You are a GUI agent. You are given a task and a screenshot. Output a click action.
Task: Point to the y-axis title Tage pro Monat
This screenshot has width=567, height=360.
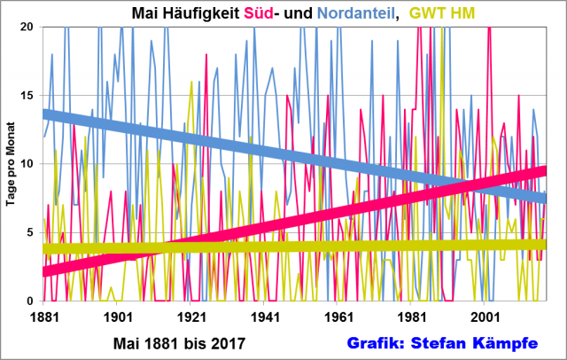[x=12, y=164]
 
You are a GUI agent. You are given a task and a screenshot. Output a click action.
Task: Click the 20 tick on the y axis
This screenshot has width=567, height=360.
[x=27, y=27]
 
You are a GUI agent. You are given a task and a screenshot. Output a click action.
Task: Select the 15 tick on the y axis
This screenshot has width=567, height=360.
[x=27, y=96]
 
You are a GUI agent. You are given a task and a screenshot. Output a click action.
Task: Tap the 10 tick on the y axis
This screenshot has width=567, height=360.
[x=27, y=164]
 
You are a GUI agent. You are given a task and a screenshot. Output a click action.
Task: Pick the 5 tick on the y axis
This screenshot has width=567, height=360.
[x=31, y=232]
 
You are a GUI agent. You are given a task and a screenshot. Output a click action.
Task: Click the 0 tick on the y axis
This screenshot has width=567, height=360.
[x=31, y=301]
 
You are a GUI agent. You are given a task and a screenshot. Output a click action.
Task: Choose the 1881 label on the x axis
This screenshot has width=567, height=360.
[x=43, y=316]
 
